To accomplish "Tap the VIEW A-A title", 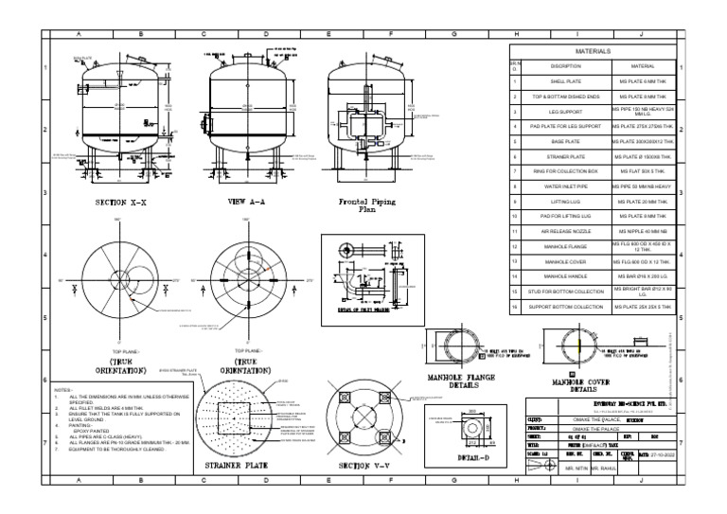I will click(x=250, y=203).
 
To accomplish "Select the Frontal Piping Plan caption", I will click(x=364, y=205).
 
